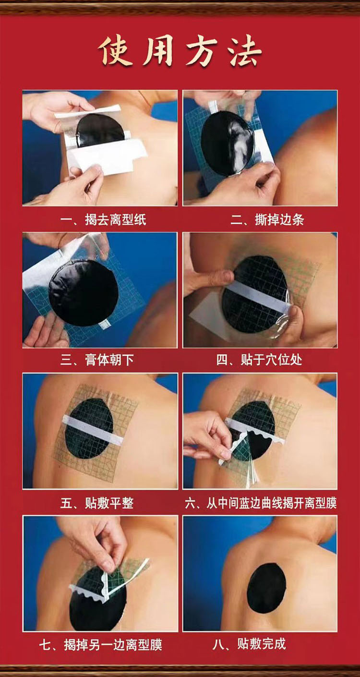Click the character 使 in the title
click(116, 50)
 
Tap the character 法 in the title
click(245, 50)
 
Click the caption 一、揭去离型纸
click(103, 220)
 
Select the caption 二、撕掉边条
click(267, 220)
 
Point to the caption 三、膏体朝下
click(97, 360)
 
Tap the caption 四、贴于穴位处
click(259, 360)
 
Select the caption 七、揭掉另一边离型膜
click(101, 645)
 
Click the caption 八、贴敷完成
click(249, 644)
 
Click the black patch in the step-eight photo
click(266, 589)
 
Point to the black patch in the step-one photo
click(100, 130)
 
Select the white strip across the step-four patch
click(258, 297)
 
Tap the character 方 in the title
click(202, 50)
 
